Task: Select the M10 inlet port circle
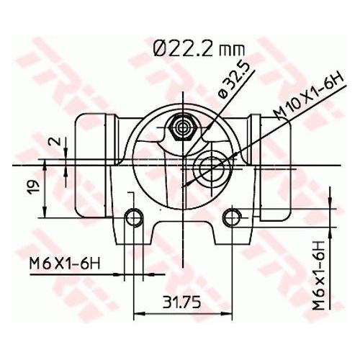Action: point(213,168)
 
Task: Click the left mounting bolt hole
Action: point(133,216)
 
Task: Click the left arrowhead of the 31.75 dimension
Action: point(139,313)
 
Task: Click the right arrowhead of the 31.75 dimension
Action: point(228,313)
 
